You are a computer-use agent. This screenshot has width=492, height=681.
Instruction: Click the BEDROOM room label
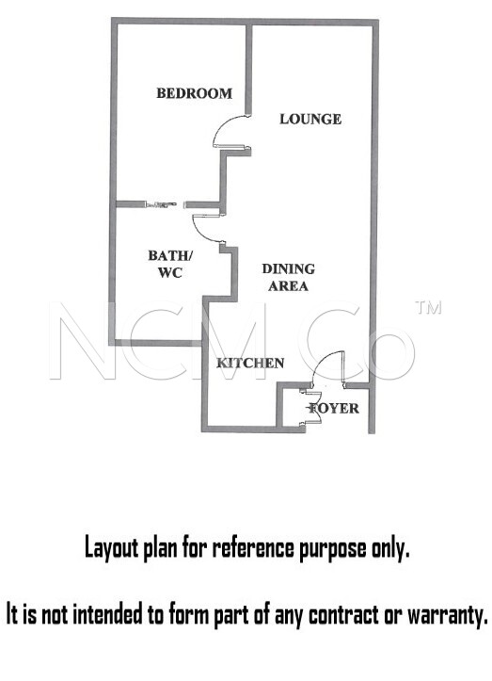point(194,93)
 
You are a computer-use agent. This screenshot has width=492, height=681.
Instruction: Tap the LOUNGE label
point(310,119)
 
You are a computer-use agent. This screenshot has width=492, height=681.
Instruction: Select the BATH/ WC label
point(170,264)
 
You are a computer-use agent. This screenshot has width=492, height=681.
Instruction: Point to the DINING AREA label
point(289,277)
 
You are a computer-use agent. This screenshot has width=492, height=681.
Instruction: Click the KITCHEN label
point(250,363)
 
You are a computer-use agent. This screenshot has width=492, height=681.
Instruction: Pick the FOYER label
point(334,408)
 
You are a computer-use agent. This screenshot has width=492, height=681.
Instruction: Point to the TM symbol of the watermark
point(428,307)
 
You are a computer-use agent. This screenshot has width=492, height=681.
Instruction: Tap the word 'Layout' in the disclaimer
point(112,549)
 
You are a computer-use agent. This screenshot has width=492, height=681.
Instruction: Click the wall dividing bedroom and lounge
point(248,69)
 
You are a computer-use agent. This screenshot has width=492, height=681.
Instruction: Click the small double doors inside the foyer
point(310,408)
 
